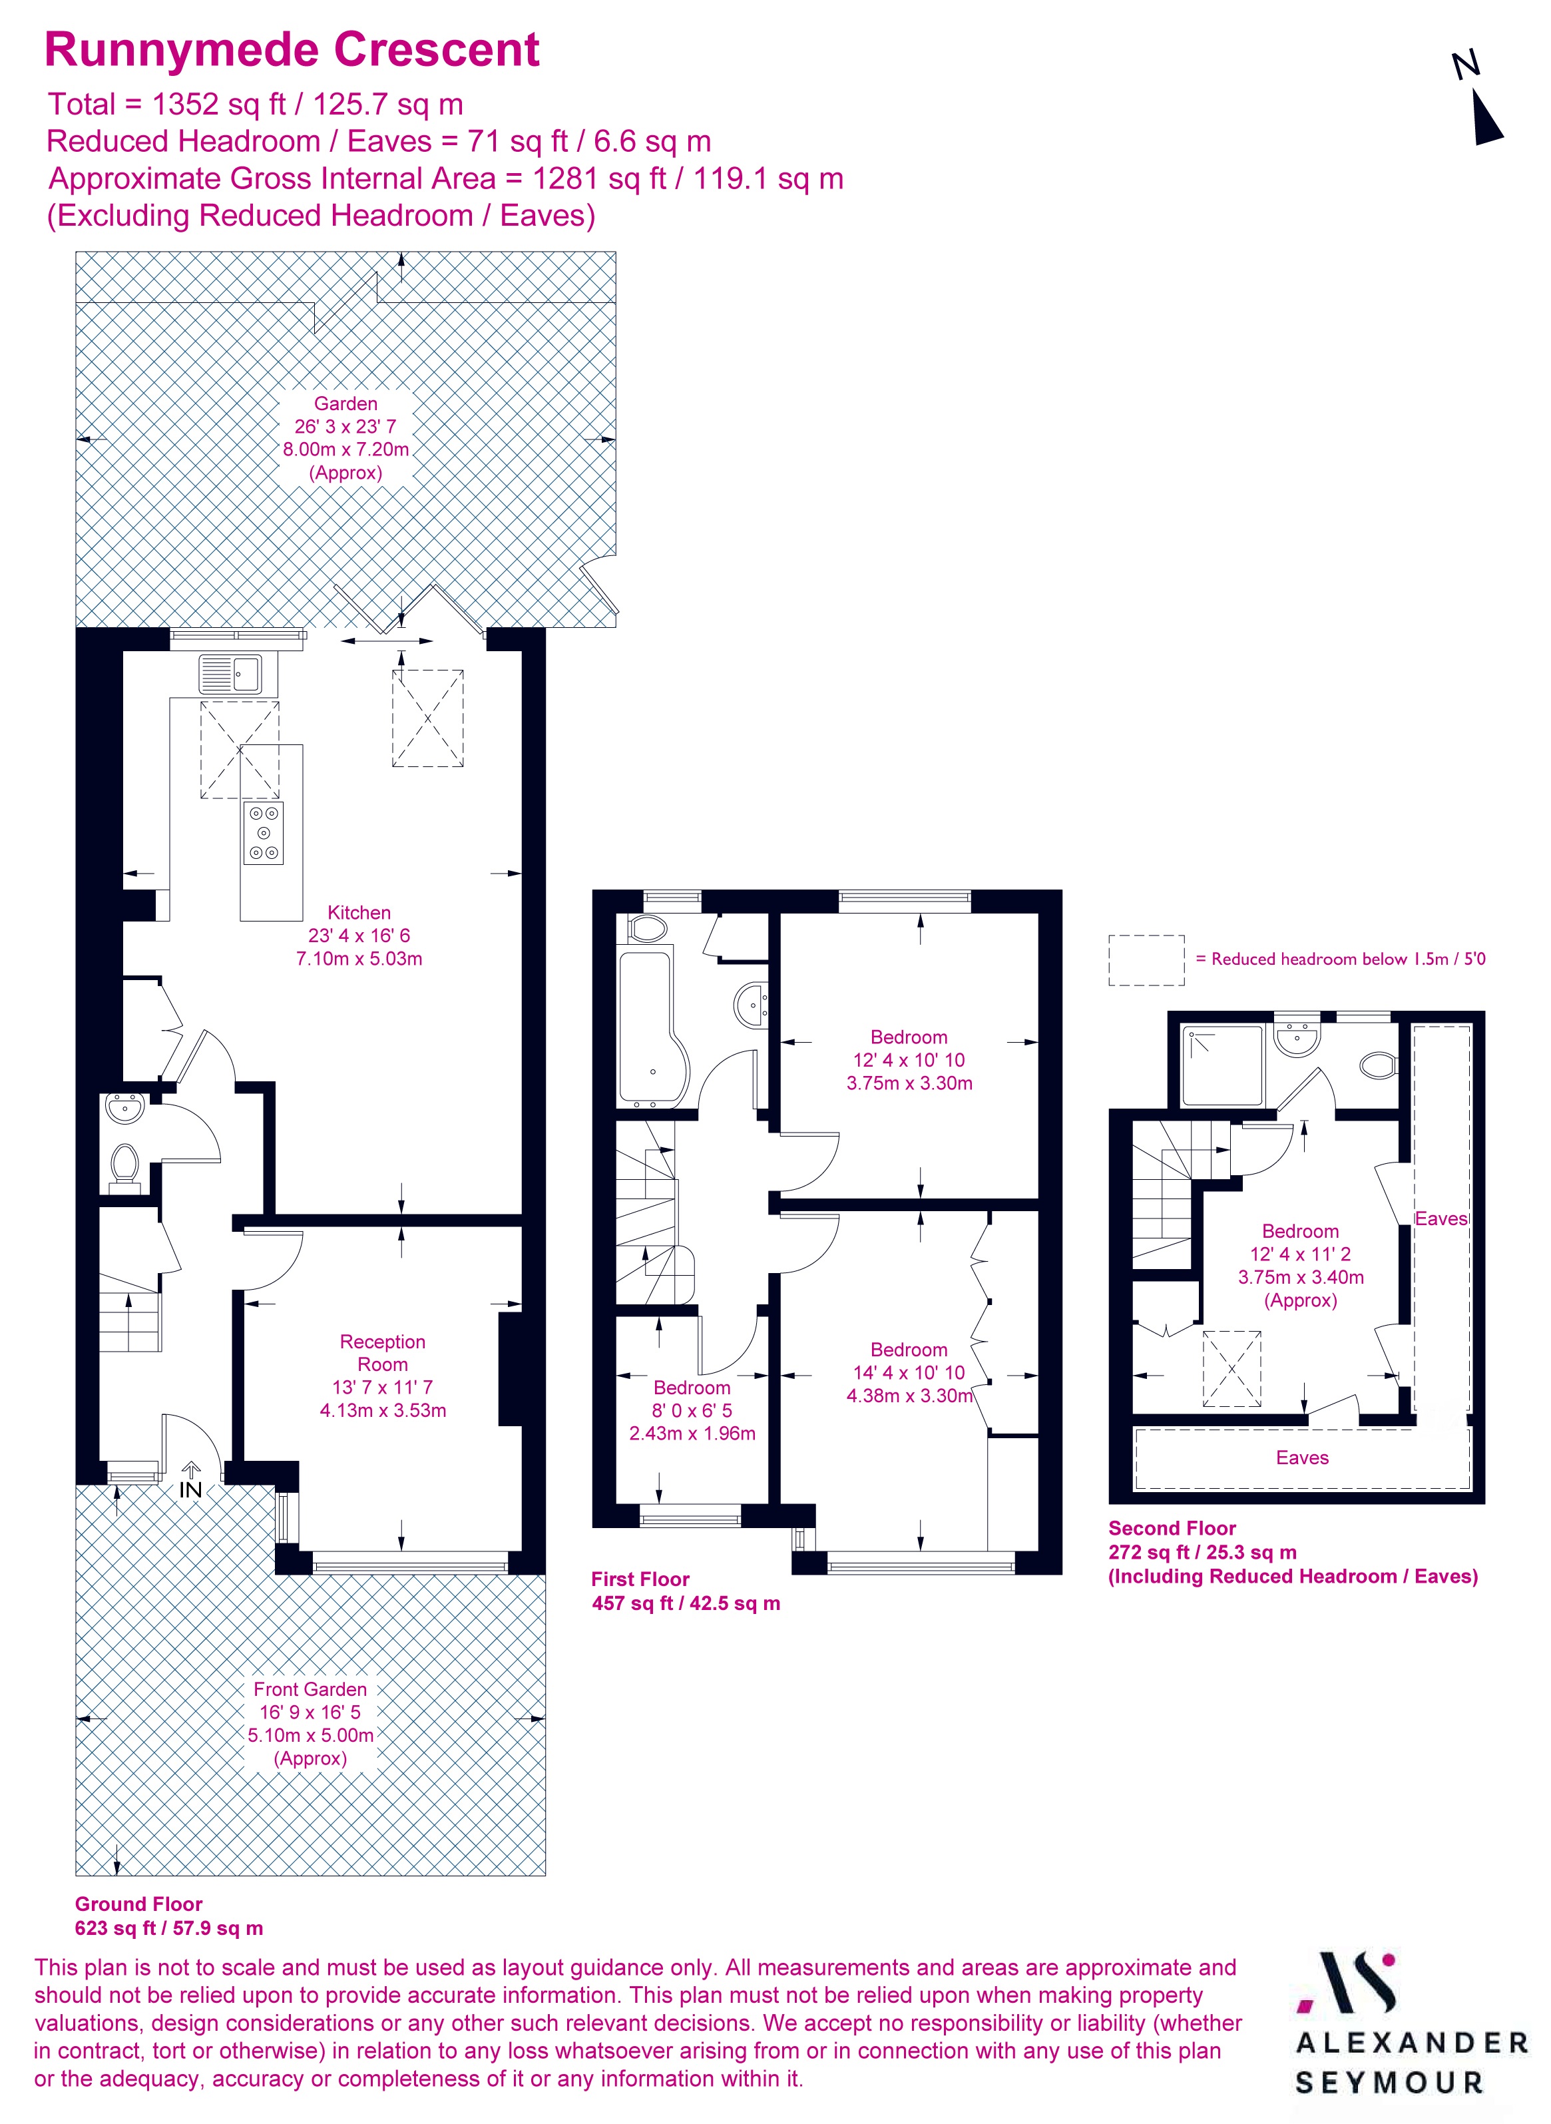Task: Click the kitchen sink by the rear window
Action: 231,673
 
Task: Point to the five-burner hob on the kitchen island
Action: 264,833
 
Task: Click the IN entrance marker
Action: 190,1489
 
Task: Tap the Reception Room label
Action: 382,1352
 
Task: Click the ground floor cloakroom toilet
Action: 124,1165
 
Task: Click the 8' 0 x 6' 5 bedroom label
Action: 692,1410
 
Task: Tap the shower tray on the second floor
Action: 1221,1066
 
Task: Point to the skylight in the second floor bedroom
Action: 1231,1368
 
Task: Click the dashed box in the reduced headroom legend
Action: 1146,959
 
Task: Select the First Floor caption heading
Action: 640,1579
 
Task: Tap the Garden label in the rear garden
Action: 345,403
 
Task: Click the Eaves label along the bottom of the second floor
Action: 1302,1458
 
